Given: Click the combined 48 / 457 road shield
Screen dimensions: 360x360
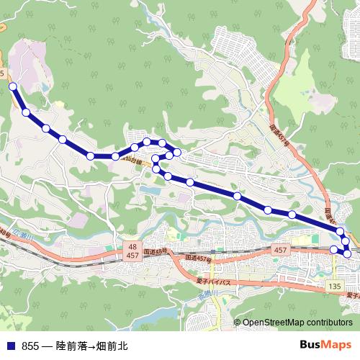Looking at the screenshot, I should pos(132,251).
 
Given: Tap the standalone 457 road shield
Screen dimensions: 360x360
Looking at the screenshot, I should pos(282,249).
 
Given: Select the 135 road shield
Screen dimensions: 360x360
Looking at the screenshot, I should pos(333,286).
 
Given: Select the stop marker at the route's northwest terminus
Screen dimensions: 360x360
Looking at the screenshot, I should pos(12,86).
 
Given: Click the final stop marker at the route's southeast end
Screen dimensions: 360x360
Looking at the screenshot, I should pos(333,249).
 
